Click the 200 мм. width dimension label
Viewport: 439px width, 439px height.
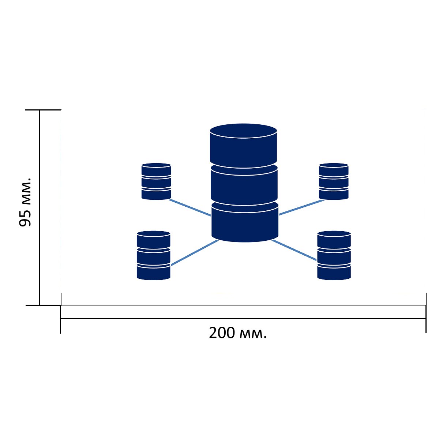pyautogui.click(x=237, y=333)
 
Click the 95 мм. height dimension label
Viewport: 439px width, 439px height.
pyautogui.click(x=25, y=202)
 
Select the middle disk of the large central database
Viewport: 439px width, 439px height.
pyautogui.click(x=244, y=184)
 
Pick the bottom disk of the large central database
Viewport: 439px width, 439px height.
pyautogui.click(x=245, y=221)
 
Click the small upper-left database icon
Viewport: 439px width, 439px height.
pyautogui.click(x=156, y=181)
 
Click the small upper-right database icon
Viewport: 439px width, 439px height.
pyautogui.click(x=334, y=181)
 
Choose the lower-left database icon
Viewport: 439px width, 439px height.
pyautogui.click(x=154, y=255)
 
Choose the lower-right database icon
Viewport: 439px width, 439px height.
pyautogui.click(x=334, y=255)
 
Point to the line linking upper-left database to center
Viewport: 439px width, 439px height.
pyautogui.click(x=190, y=207)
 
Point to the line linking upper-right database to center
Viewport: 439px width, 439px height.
pyautogui.click(x=302, y=207)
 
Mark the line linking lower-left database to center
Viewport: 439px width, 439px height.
pyautogui.click(x=195, y=252)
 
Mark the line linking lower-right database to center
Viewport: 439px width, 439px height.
pyautogui.click(x=294, y=250)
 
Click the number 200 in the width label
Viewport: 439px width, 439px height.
pyautogui.click(x=222, y=333)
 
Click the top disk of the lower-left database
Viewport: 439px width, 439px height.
pyautogui.click(x=154, y=239)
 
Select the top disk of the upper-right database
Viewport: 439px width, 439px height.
pyautogui.click(x=334, y=169)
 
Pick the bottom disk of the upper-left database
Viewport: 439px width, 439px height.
pyautogui.click(x=156, y=194)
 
